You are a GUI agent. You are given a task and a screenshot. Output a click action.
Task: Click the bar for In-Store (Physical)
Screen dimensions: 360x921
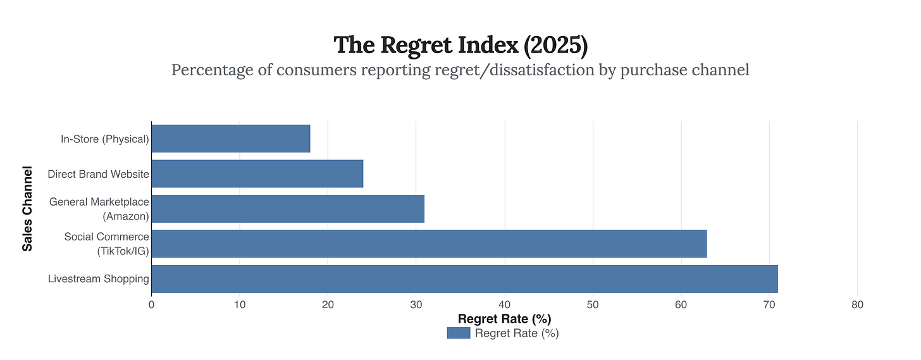click(x=231, y=139)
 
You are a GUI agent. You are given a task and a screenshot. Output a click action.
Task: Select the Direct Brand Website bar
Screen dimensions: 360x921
click(x=257, y=173)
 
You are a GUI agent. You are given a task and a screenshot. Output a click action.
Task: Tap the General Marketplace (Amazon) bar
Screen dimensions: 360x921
click(x=288, y=209)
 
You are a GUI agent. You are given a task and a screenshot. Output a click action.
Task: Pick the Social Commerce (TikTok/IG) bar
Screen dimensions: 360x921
click(x=429, y=244)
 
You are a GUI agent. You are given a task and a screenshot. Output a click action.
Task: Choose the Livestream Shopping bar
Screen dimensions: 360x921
click(x=464, y=279)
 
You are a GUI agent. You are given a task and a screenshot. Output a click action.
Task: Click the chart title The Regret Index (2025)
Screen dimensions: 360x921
click(x=460, y=45)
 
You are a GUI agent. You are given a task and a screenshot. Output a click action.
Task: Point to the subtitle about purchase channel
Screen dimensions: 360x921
click(x=460, y=70)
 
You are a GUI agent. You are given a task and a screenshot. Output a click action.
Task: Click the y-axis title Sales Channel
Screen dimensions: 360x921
click(x=27, y=209)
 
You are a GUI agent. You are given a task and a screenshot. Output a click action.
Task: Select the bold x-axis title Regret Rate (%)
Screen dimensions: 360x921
click(x=509, y=318)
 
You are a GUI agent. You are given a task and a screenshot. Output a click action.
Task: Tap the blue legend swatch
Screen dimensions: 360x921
click(x=459, y=333)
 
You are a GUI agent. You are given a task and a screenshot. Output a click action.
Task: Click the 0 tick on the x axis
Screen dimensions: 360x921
click(x=151, y=304)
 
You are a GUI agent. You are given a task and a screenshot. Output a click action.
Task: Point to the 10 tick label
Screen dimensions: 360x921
click(x=239, y=304)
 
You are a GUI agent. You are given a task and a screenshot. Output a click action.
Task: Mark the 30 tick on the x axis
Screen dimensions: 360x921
click(x=416, y=304)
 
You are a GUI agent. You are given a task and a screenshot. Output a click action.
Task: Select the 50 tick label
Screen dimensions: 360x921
click(x=593, y=304)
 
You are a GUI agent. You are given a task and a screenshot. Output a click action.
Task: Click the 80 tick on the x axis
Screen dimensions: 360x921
click(x=857, y=304)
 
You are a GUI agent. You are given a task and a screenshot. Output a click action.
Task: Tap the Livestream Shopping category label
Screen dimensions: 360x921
click(x=99, y=279)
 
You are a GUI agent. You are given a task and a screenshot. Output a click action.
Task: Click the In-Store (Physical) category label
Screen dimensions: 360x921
click(x=105, y=139)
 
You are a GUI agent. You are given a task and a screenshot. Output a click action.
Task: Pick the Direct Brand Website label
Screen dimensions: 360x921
click(x=99, y=174)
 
